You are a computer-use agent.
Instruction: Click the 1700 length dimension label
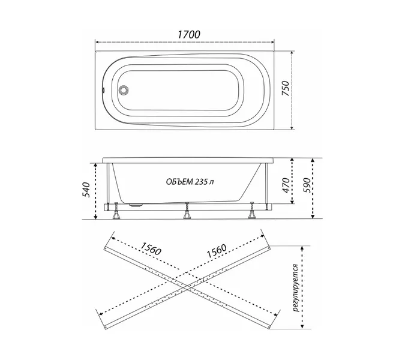[x=189, y=35]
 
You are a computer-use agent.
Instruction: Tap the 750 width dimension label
[x=285, y=88]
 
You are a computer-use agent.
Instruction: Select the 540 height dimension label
[x=86, y=190]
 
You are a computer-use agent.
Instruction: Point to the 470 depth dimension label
[x=286, y=185]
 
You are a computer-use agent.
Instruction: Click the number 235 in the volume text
[x=201, y=182]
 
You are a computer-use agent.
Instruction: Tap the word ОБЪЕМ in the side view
[x=179, y=182]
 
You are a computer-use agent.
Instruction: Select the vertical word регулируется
[x=296, y=287]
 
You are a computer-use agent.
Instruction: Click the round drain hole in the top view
[x=123, y=90]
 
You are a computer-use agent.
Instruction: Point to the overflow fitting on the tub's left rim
[x=103, y=90]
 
